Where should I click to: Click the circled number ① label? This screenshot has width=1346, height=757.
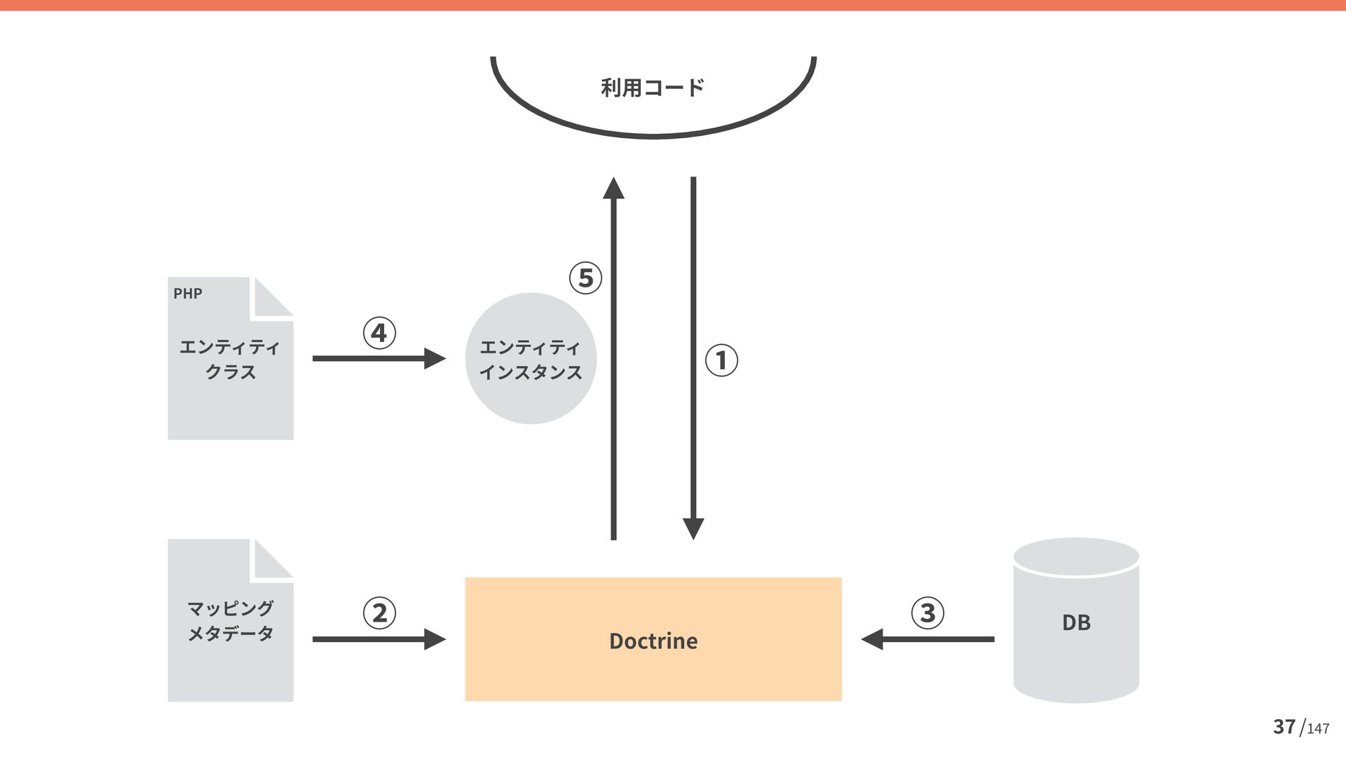tap(721, 360)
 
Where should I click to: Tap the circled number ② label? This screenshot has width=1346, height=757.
tap(379, 613)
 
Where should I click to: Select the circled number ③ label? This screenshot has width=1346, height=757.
tap(927, 613)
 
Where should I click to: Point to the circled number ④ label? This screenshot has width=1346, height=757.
tap(379, 333)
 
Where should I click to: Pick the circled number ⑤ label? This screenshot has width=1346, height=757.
tap(585, 278)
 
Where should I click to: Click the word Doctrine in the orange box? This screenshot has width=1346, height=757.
tap(653, 641)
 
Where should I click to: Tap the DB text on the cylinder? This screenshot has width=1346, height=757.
tap(1076, 622)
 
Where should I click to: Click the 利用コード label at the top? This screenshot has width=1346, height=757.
tap(653, 88)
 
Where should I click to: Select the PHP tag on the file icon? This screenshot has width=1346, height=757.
tap(188, 294)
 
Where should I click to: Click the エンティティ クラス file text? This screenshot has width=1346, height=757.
tap(230, 359)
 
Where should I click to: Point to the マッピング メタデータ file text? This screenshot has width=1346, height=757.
tap(230, 621)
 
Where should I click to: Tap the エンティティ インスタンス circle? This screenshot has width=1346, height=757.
tap(531, 359)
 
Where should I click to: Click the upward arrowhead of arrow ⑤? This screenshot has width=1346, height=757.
tap(613, 189)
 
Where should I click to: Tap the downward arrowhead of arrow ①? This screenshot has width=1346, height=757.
tap(693, 528)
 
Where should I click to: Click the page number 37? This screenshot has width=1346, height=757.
tap(1284, 727)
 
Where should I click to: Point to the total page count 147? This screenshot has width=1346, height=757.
tap(1318, 729)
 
